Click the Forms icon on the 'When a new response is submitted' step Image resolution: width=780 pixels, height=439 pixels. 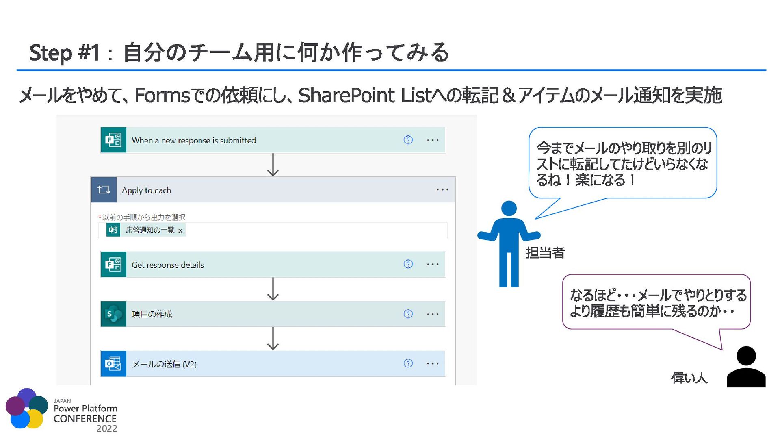pyautogui.click(x=113, y=140)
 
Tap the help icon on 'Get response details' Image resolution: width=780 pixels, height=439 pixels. pyautogui.click(x=408, y=264)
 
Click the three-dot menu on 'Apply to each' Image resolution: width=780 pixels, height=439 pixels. pyautogui.click(x=442, y=190)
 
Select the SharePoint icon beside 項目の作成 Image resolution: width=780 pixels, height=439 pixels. pyautogui.click(x=113, y=314)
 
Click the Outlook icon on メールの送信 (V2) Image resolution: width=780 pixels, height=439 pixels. pyautogui.click(x=113, y=363)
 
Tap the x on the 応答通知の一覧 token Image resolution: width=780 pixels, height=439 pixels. pyautogui.click(x=180, y=230)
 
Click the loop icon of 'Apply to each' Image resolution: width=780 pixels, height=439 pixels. pyautogui.click(x=104, y=190)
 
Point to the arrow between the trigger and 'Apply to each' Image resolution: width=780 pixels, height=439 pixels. pyautogui.click(x=273, y=165)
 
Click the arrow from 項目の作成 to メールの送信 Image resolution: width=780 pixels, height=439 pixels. pyautogui.click(x=273, y=338)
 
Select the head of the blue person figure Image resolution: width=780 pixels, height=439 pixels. pyautogui.click(x=509, y=209)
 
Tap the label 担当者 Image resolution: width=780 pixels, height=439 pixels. pyautogui.click(x=545, y=253)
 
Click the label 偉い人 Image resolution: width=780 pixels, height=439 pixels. pyautogui.click(x=689, y=378)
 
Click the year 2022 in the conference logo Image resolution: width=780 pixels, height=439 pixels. pyautogui.click(x=106, y=429)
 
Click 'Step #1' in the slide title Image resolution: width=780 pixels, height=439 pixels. pyautogui.click(x=64, y=53)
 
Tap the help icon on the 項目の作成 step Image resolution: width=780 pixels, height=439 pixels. pyautogui.click(x=408, y=314)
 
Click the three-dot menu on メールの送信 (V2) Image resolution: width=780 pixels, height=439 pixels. pyautogui.click(x=433, y=363)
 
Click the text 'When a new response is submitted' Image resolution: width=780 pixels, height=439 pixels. pyautogui.click(x=194, y=141)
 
